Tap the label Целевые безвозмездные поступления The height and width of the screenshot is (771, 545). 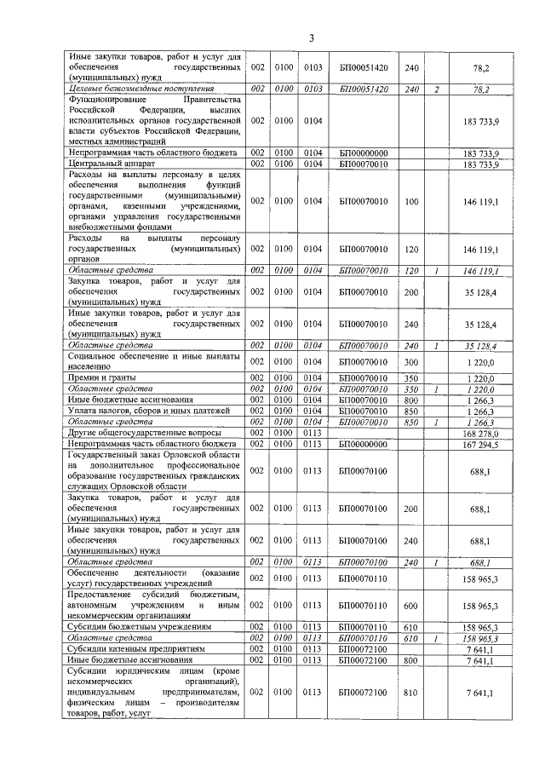click(141, 88)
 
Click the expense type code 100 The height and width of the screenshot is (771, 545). click(411, 200)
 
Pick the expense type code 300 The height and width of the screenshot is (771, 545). click(411, 361)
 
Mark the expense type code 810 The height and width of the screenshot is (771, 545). click(411, 693)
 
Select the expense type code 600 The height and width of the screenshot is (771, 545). click(411, 605)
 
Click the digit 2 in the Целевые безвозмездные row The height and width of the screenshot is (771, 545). click(436, 88)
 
